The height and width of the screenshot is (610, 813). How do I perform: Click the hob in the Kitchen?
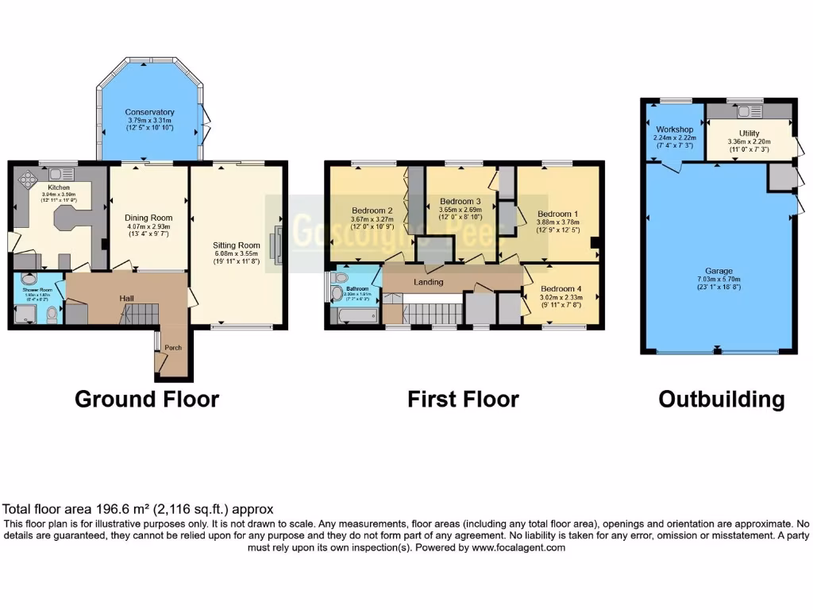tap(26, 179)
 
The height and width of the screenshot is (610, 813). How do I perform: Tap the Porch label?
tap(173, 348)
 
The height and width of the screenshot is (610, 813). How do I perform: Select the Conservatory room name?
tap(149, 112)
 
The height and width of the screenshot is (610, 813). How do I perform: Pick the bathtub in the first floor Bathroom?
tap(353, 317)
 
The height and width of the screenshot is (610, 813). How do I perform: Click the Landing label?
tap(427, 282)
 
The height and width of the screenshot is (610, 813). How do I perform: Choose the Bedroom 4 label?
tap(561, 289)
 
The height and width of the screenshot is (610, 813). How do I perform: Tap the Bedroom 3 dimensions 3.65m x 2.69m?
tap(461, 210)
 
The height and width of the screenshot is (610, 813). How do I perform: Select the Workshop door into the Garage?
tap(673, 166)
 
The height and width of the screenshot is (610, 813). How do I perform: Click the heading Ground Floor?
tap(147, 399)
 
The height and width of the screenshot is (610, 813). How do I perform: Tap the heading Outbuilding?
tap(722, 399)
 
